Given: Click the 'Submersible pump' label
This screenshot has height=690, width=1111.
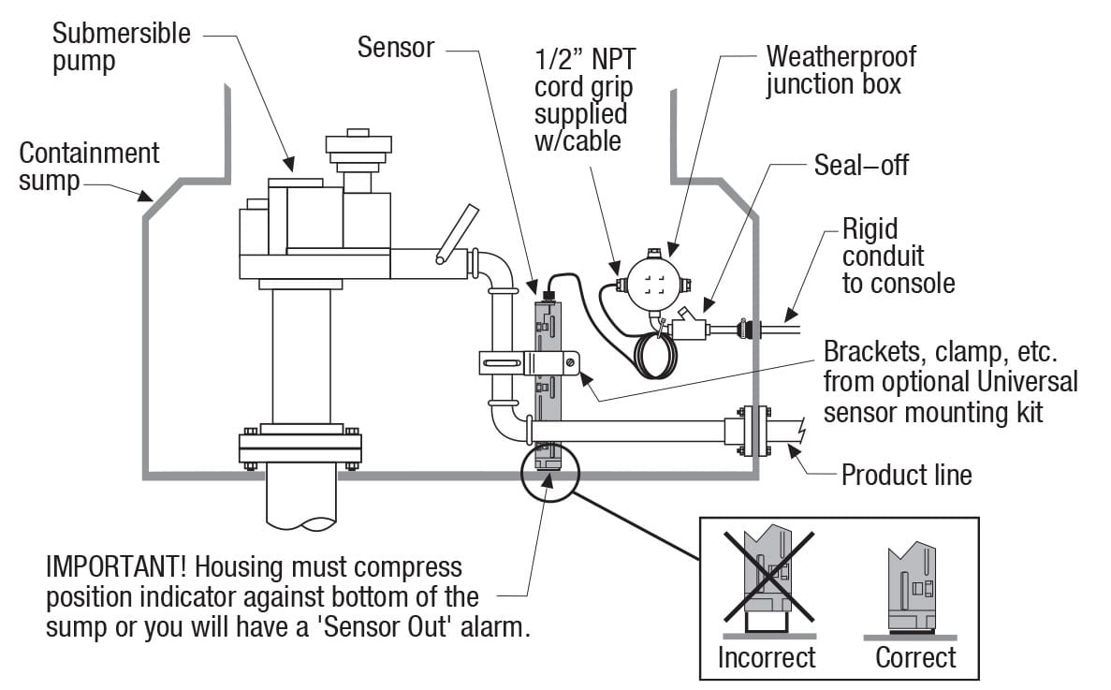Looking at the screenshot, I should (x=121, y=49).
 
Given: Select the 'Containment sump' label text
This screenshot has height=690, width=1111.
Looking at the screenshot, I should (x=89, y=167).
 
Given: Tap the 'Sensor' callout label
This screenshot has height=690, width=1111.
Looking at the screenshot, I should (x=396, y=48).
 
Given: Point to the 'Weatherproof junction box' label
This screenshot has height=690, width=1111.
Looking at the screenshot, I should (x=841, y=70).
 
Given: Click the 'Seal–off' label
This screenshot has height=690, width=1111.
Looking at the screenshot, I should (x=861, y=166).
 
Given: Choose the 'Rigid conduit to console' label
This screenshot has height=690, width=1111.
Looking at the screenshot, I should (x=898, y=256).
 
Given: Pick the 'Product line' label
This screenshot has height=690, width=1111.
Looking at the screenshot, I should (x=906, y=475).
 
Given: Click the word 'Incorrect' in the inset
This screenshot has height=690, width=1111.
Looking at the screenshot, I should (x=767, y=657).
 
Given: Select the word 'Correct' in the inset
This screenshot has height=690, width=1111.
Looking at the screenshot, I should (x=915, y=657).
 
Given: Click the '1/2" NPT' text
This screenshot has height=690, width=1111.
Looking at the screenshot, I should (x=582, y=61).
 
